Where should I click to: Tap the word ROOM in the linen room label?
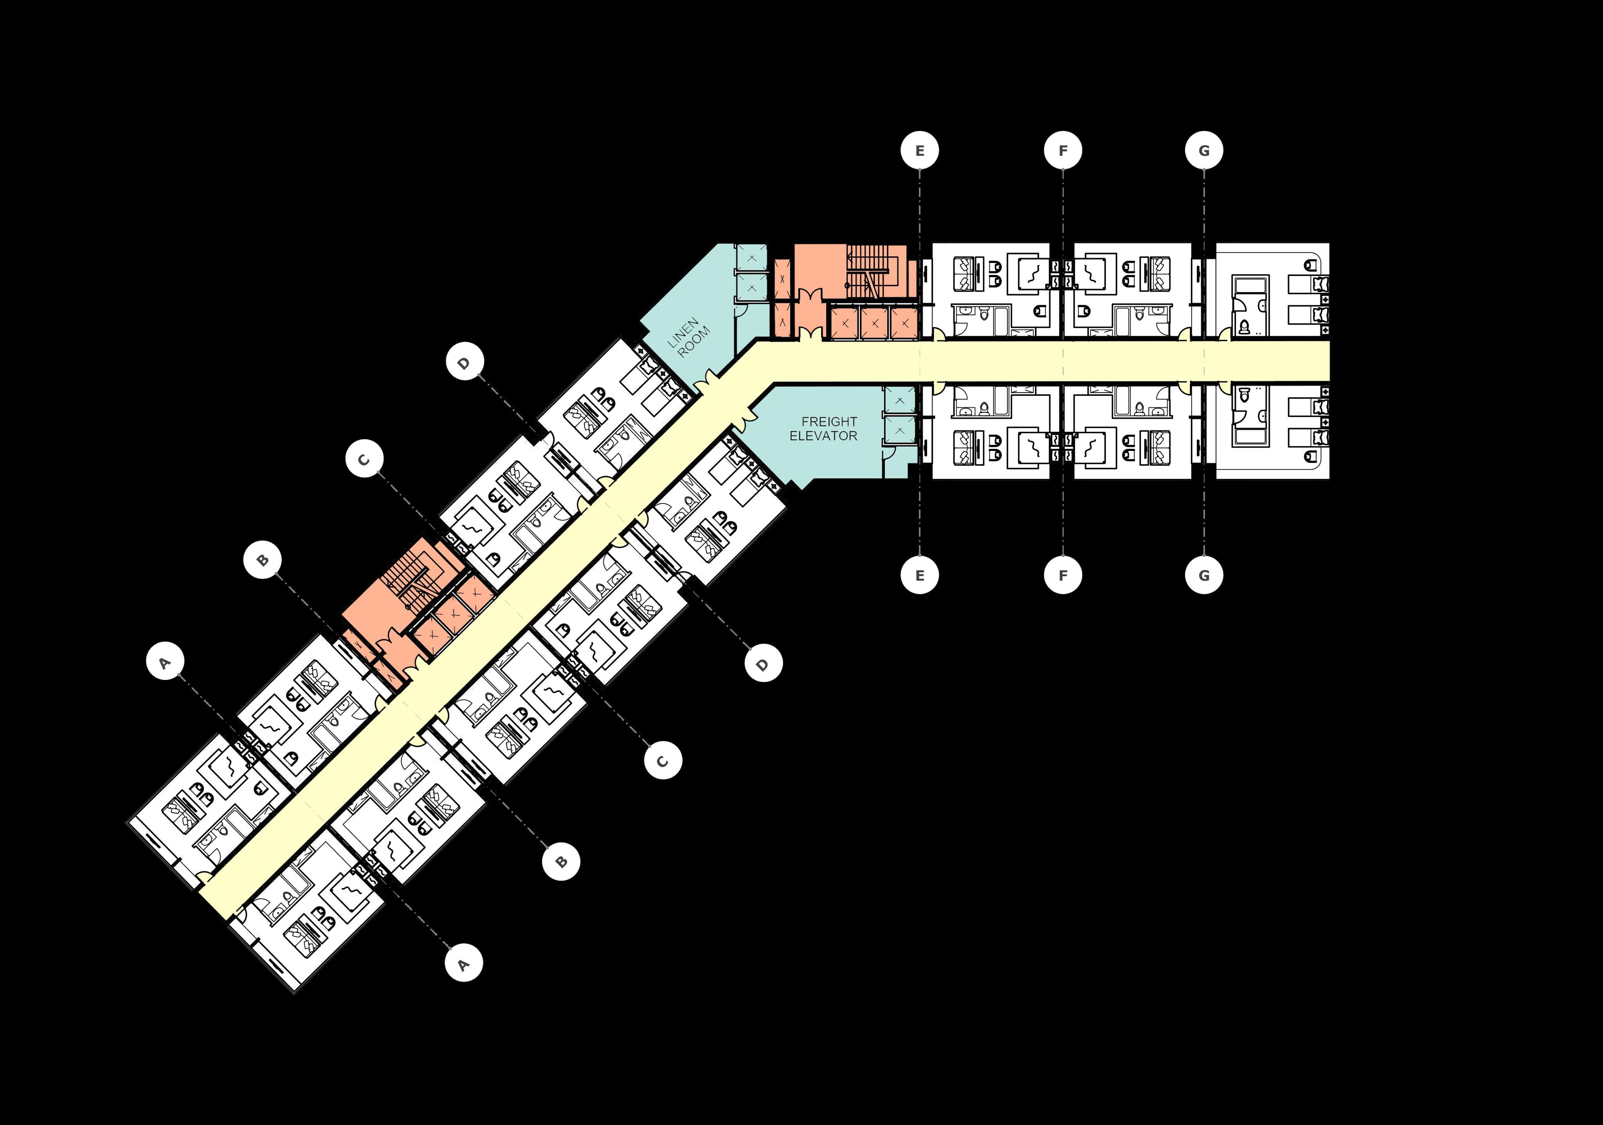tap(693, 342)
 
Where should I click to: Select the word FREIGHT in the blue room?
tap(829, 422)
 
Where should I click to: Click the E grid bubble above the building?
tap(919, 151)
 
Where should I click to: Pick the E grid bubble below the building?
tap(919, 575)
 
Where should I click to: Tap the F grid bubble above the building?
tap(1063, 151)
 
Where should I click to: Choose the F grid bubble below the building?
tap(1063, 575)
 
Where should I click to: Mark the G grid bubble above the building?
tap(1204, 151)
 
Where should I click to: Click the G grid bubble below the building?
tap(1204, 575)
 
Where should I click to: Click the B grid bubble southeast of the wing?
tap(561, 861)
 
